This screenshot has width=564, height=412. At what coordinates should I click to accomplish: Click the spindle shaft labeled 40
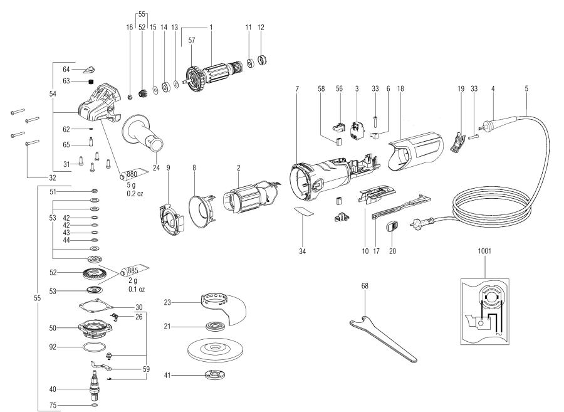pos(96,382)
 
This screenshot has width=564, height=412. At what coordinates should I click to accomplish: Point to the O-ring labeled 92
pos(95,346)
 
